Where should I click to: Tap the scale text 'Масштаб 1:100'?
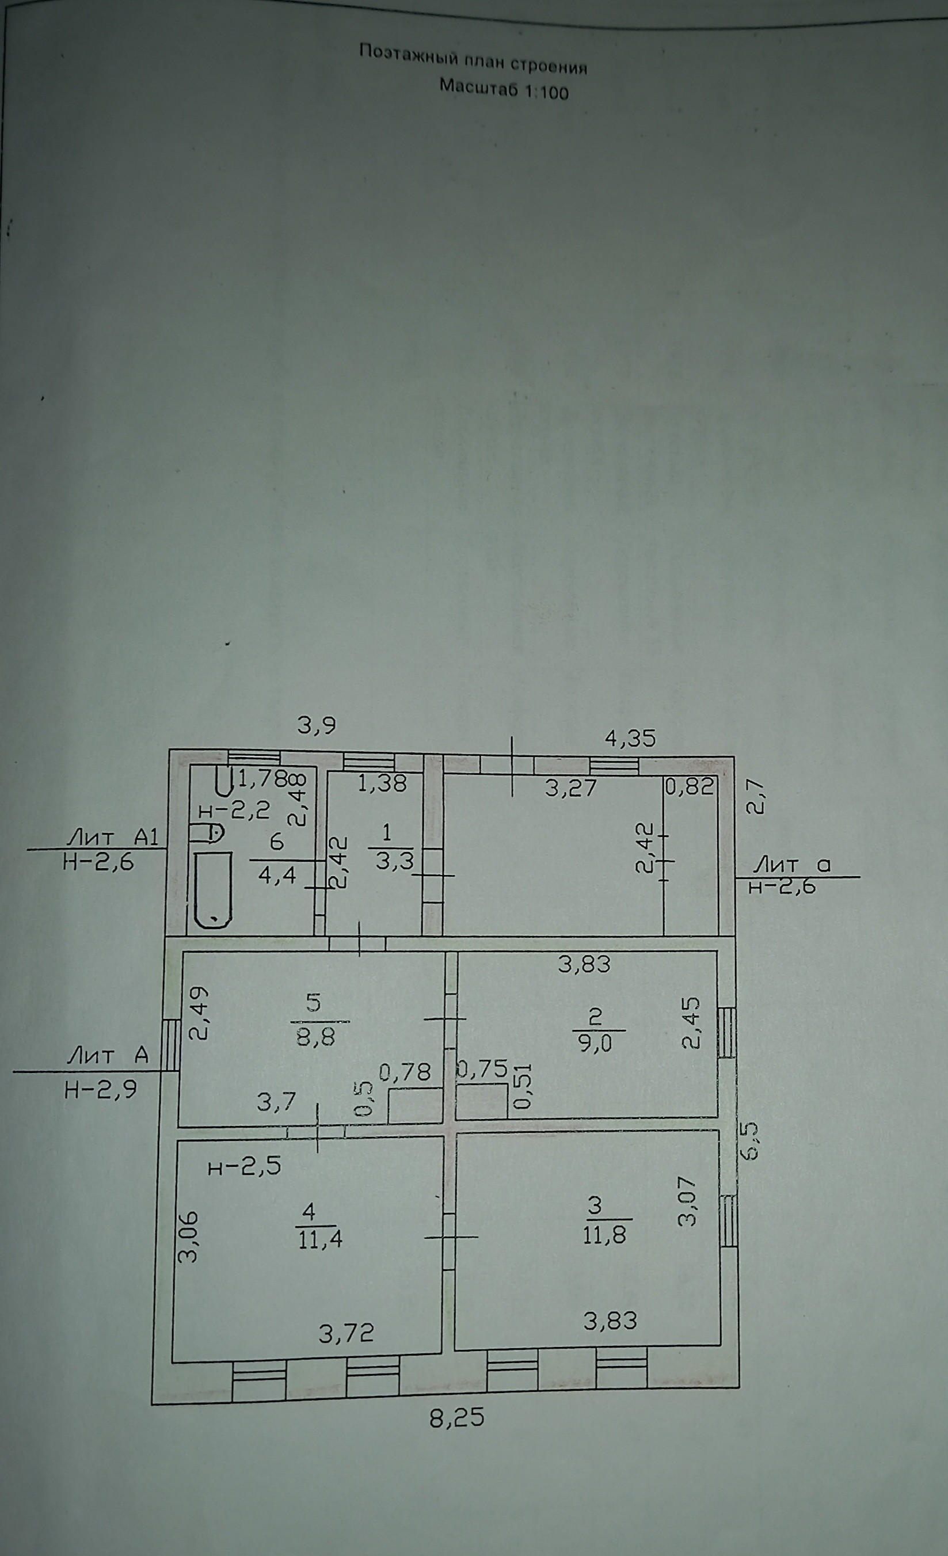(x=504, y=89)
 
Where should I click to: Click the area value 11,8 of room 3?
(x=604, y=1235)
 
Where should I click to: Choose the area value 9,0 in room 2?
(x=595, y=1043)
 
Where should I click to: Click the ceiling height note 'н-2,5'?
(x=245, y=1167)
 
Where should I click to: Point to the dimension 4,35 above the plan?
(x=630, y=738)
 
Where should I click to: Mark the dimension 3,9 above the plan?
(x=317, y=725)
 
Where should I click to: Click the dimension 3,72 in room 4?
(x=346, y=1333)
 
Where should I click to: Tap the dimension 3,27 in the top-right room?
(x=571, y=787)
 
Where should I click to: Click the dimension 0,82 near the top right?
(x=689, y=786)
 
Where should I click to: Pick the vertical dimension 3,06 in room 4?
(x=188, y=1237)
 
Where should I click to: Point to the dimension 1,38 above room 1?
(x=382, y=783)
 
